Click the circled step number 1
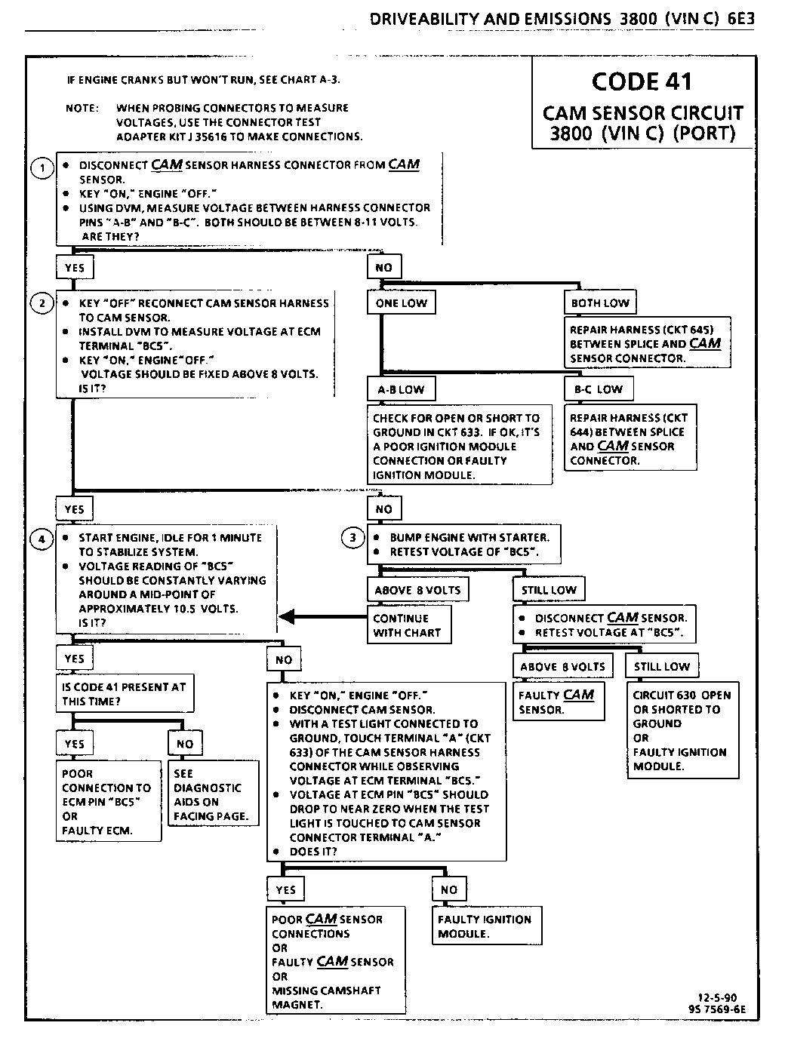(x=42, y=167)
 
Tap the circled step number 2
(x=42, y=303)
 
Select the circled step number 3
(x=352, y=538)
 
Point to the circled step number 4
(x=42, y=539)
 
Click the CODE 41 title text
(x=642, y=81)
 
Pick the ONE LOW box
(x=402, y=303)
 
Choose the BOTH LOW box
(x=600, y=303)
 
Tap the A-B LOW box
(x=401, y=389)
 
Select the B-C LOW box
(x=599, y=389)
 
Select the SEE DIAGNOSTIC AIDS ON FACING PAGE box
(x=213, y=794)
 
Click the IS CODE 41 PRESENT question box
(x=125, y=694)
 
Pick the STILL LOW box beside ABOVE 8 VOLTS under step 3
(x=549, y=590)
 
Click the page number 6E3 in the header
(x=741, y=19)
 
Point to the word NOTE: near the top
(x=82, y=108)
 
